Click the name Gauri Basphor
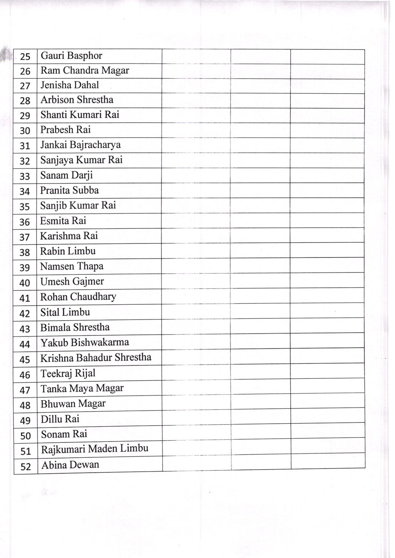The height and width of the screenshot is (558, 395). click(x=71, y=56)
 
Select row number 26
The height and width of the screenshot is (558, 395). click(x=25, y=71)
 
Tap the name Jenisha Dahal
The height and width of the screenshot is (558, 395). click(x=69, y=85)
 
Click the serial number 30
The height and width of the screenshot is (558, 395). click(x=25, y=130)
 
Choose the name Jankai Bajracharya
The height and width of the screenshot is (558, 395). click(x=80, y=145)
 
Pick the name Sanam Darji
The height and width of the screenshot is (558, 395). click(x=66, y=175)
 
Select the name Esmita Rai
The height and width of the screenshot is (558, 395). click(x=63, y=221)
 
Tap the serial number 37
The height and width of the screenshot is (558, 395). click(x=25, y=237)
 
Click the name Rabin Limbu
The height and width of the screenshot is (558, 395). click(x=68, y=251)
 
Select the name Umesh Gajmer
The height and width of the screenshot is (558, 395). click(x=72, y=281)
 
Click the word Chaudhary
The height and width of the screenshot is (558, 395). click(x=93, y=297)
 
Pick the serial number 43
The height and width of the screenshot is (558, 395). click(x=25, y=328)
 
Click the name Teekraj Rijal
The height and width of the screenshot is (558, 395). click(x=68, y=373)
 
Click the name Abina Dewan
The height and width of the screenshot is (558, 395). click(x=70, y=465)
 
